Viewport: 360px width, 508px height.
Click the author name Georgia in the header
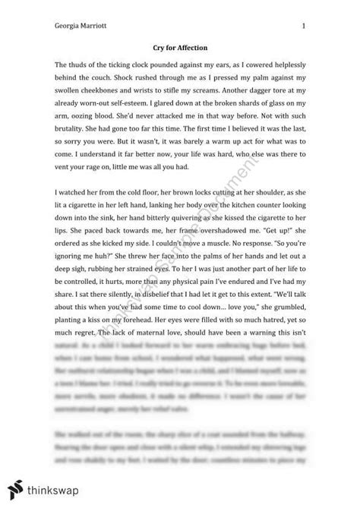coord(65,25)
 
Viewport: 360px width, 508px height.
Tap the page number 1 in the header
coord(303,25)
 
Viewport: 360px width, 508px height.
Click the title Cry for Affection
coord(180,48)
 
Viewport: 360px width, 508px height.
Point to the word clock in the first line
coord(157,68)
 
